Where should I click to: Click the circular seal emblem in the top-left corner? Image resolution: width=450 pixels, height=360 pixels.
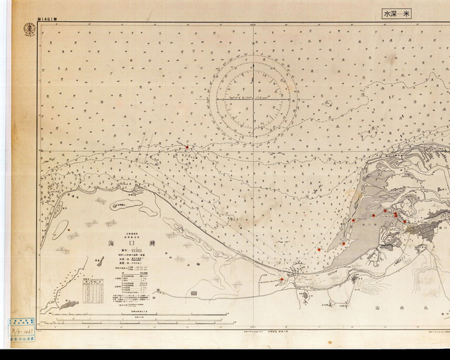29,28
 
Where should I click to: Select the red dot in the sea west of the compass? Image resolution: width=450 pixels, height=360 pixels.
187,147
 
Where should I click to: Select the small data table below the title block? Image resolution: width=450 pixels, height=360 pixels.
92,289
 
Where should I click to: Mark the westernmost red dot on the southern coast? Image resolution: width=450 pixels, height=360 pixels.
282,279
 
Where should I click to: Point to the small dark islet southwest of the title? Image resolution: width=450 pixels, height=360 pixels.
99,261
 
